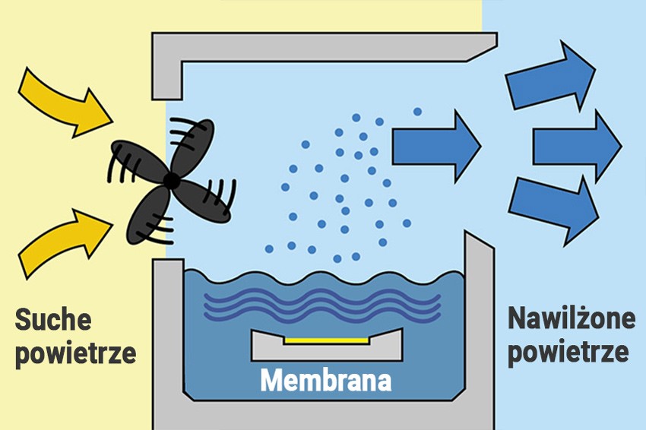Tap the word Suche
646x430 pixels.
(x=53, y=320)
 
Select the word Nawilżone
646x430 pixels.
(x=571, y=318)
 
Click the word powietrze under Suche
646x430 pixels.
(x=75, y=353)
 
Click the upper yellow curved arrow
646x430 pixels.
(x=65, y=102)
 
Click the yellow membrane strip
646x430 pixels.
(x=327, y=341)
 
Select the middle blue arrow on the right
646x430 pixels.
(x=578, y=145)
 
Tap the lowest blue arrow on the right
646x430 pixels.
(x=550, y=210)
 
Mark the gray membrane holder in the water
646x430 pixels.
(x=327, y=350)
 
